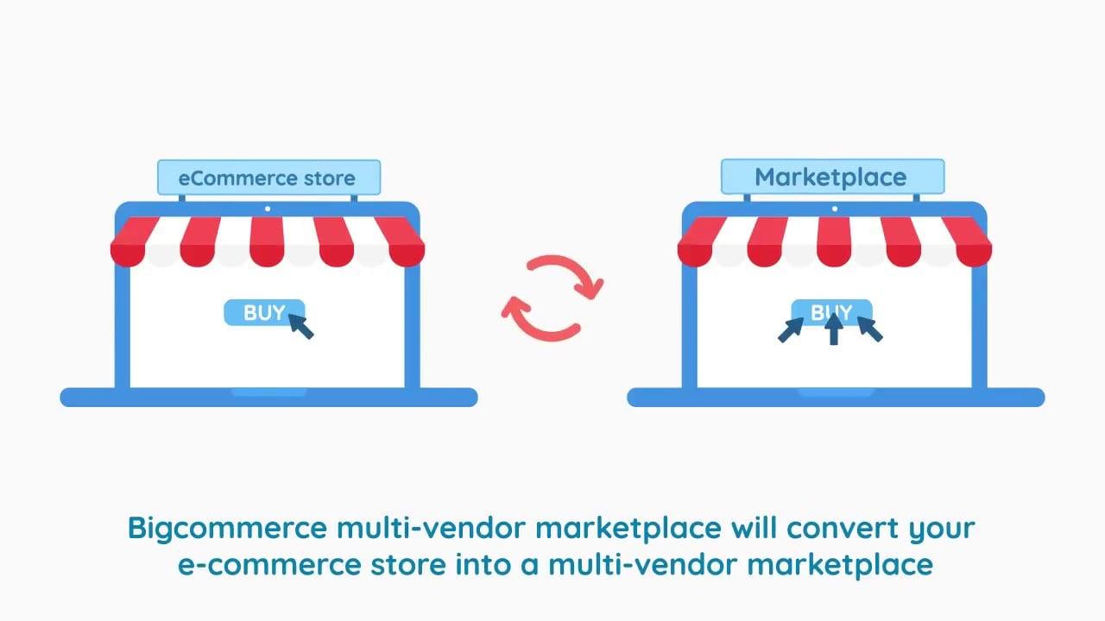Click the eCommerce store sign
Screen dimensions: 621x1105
pos(268,178)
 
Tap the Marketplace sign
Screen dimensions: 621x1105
pos(831,177)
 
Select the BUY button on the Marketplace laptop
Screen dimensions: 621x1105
pos(831,311)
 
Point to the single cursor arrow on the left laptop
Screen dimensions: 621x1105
pos(300,326)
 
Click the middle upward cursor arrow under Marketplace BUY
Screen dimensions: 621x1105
pos(833,329)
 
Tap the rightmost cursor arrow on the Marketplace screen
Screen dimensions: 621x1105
pos(869,329)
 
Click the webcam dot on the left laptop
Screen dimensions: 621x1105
pos(268,209)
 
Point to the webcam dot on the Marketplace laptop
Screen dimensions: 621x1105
pos(834,209)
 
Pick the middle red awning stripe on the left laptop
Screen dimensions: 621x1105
pos(268,241)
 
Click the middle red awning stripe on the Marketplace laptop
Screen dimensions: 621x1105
pos(834,241)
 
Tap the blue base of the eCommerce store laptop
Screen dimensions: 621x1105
pos(268,398)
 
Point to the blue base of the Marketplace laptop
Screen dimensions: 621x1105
pos(835,398)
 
